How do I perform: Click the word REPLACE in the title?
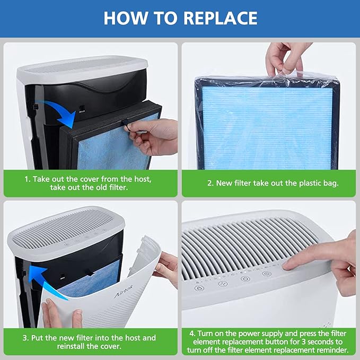point(221,18)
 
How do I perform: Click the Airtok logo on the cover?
point(124,292)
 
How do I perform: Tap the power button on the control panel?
point(245,279)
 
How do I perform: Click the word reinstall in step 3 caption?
point(72,346)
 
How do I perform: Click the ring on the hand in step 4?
point(349,269)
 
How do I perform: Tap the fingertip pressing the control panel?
point(287,266)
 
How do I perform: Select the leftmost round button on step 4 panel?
point(199,288)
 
